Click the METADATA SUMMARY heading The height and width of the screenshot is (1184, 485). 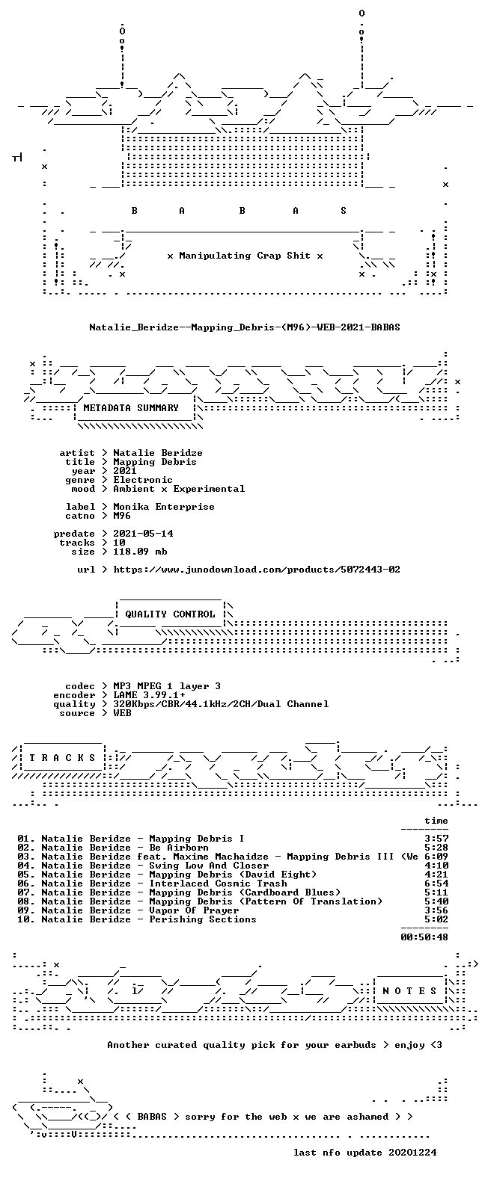(x=131, y=408)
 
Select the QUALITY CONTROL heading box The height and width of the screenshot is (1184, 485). (x=170, y=614)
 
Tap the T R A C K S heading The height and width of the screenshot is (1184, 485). (x=62, y=758)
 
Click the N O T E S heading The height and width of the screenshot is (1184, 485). (x=410, y=991)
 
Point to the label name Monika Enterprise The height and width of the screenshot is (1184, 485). (x=164, y=507)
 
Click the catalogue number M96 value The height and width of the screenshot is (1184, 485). (x=122, y=516)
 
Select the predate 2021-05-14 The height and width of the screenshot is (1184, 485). (x=143, y=534)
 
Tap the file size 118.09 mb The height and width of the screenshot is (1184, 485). (x=140, y=552)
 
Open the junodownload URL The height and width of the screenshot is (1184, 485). (x=257, y=570)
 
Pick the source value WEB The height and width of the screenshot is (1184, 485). (x=122, y=713)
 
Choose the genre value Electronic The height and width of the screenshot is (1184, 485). (x=143, y=480)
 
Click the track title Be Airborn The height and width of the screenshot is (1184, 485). (x=179, y=848)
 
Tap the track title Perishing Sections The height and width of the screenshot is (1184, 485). (x=203, y=919)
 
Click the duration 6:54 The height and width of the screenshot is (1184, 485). (x=436, y=884)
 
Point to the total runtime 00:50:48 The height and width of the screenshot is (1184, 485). (x=424, y=937)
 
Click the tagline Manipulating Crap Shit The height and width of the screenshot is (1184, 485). (x=245, y=256)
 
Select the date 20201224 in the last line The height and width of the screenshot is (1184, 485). (x=412, y=1153)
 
